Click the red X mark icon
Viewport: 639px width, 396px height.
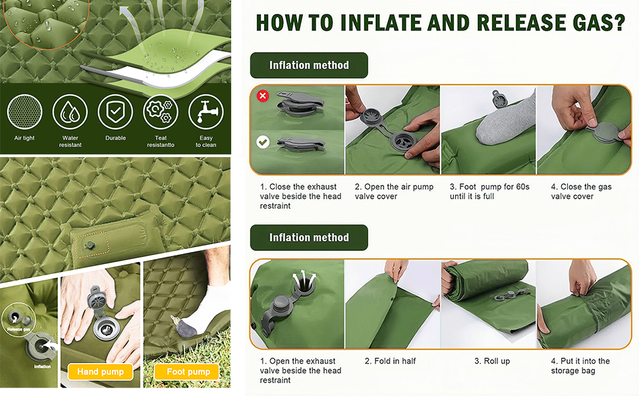coord(263,96)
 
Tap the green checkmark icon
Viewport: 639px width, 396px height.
coord(263,142)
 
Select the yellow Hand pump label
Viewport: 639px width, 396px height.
coord(100,372)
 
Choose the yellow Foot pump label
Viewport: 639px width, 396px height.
coord(188,372)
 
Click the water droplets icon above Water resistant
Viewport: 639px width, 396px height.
coord(70,112)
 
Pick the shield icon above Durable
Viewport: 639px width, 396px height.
coord(115,112)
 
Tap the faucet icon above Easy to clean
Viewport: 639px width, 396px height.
coord(206,112)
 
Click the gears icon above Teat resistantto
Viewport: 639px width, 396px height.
coord(161,112)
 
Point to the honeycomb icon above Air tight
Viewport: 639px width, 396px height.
coord(25,112)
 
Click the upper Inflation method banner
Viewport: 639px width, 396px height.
coord(309,65)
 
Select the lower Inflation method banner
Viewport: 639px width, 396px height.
coord(309,238)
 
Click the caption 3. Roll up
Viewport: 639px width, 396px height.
coord(492,361)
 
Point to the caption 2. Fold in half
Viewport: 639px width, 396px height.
coord(390,361)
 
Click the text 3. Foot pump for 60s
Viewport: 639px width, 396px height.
coord(489,187)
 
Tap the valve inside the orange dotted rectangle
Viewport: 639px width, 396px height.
coord(90,245)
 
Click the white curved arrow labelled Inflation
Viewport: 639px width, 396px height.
coord(51,345)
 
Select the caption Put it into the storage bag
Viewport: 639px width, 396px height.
coord(580,366)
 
